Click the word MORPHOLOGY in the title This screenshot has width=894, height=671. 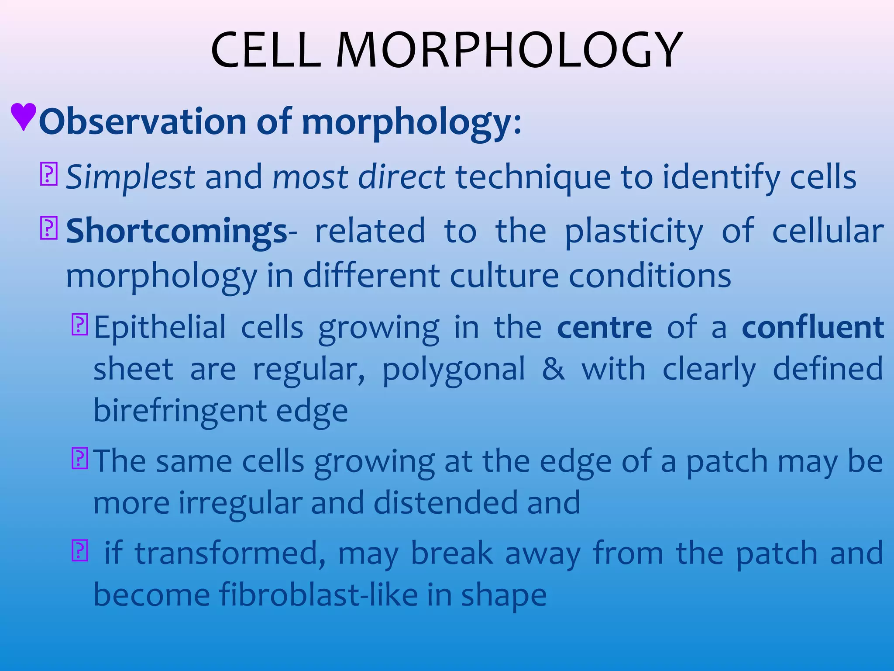[509, 50]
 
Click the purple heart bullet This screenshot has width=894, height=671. [23, 116]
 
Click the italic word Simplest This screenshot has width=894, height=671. [130, 177]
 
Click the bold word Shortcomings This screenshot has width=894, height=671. [176, 232]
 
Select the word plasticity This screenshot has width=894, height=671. [634, 232]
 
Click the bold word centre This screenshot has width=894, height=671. [605, 328]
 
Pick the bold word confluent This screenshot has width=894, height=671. [813, 328]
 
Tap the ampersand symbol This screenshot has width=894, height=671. [553, 369]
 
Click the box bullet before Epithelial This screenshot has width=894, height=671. [79, 325]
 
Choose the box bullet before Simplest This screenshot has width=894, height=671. [48, 174]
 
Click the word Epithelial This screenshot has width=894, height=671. [160, 328]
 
